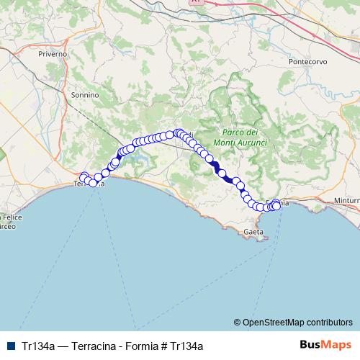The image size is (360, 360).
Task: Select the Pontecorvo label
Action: click(x=307, y=62)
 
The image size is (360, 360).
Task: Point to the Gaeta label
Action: click(x=253, y=232)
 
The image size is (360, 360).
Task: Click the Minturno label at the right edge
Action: click(x=346, y=200)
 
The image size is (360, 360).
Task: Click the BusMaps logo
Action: click(x=325, y=345)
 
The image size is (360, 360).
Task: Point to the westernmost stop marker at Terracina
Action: click(x=84, y=176)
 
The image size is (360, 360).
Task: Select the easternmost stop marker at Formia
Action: click(x=276, y=206)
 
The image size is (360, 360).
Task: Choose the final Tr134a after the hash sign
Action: click(x=187, y=345)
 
